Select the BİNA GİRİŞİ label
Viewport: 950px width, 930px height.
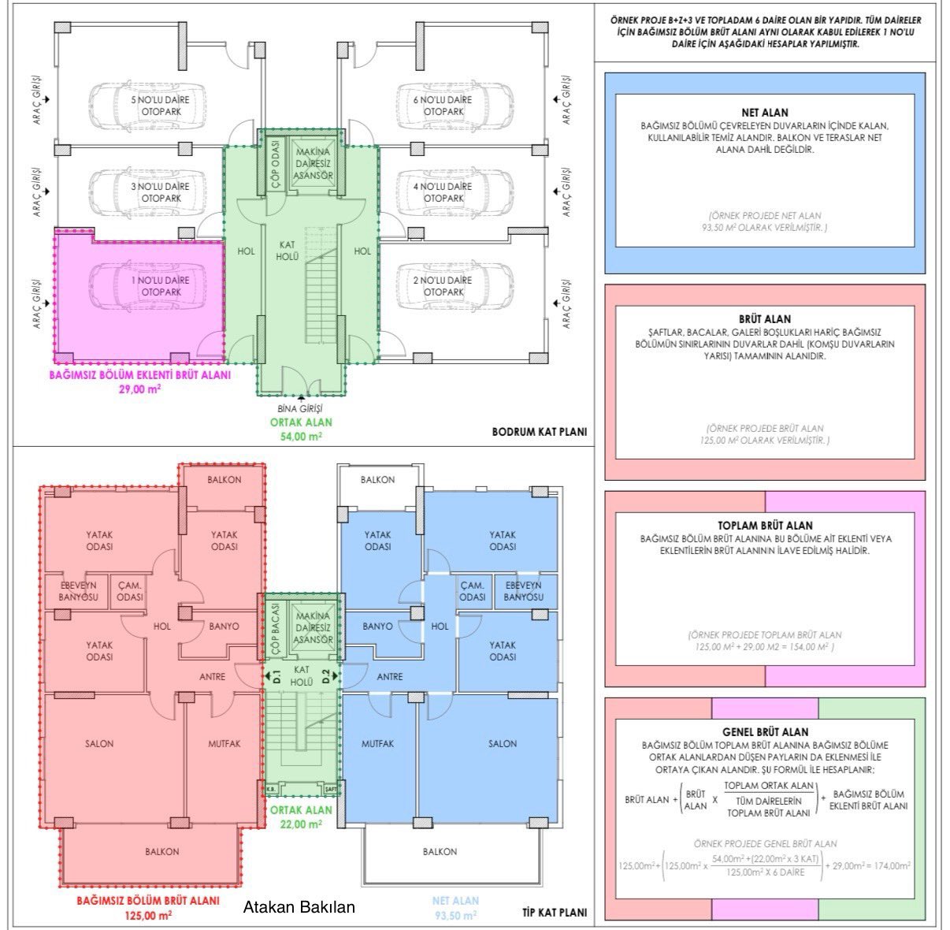point(301,408)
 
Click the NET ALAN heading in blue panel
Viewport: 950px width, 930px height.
point(764,113)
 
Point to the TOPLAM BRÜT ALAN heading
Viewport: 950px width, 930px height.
point(765,525)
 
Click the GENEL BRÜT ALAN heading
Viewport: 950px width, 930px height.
point(765,731)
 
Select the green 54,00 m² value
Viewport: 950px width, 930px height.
point(301,436)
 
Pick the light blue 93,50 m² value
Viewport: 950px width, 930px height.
point(455,915)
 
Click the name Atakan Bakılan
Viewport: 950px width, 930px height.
point(299,907)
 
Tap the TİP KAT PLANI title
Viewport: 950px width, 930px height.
point(555,913)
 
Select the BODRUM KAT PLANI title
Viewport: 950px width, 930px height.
point(540,432)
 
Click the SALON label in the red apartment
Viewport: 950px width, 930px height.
point(99,743)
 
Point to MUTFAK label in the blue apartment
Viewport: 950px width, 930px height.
point(377,743)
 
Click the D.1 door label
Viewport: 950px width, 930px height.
point(276,675)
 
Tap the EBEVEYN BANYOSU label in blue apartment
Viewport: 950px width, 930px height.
point(524,591)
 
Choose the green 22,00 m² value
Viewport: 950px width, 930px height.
point(300,824)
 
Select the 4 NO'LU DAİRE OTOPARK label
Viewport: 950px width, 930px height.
point(443,192)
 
